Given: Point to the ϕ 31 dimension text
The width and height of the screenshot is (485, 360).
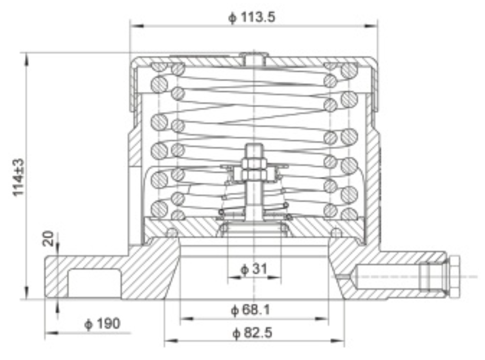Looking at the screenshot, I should point(253,269).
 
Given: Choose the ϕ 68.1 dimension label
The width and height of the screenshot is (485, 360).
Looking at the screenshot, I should point(254,310).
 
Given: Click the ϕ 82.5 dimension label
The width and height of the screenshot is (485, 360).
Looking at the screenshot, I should point(254,333).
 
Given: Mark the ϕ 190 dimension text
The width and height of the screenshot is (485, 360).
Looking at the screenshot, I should point(102,323).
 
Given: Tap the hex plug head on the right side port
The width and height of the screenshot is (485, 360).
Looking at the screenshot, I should point(456,277).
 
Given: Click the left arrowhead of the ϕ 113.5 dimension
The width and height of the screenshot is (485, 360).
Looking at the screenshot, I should point(134,24).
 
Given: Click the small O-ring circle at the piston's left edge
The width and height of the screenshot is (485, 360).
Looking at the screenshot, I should point(171,232).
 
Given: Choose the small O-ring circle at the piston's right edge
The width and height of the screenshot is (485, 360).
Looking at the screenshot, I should point(337,232).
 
